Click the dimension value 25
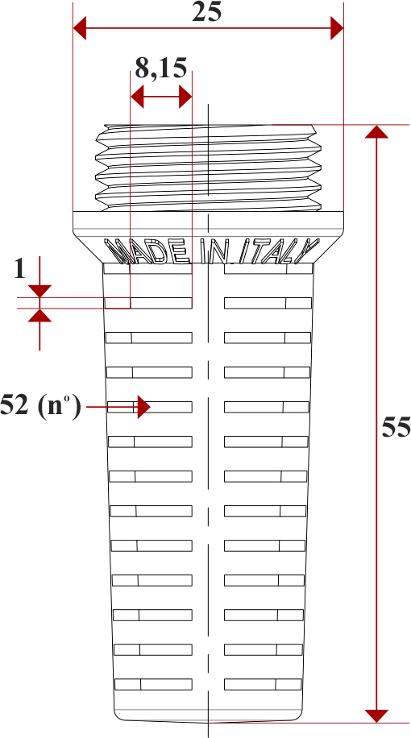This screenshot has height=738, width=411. pos(206,13)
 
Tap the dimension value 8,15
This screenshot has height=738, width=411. pos(161,68)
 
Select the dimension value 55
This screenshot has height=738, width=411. pos(396,427)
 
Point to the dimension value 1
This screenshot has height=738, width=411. pos(19,269)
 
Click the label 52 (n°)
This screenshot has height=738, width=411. pos(40,406)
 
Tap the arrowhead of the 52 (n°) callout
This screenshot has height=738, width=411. pos(143,407)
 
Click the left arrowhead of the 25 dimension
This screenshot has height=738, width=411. pos(80,28)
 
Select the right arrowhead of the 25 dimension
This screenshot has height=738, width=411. pos(337,28)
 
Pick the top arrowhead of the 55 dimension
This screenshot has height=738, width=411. pos(376,132)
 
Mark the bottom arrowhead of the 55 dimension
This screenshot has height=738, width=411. pos(376,716)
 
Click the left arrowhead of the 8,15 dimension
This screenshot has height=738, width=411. pos(137,98)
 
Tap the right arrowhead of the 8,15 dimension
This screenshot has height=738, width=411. pos(185,98)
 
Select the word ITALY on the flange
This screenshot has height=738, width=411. pos(279,251)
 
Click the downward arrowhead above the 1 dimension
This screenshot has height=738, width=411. pos(39,291)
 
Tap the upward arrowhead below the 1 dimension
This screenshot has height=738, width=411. pos(39,315)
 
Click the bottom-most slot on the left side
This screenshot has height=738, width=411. pos(153,684)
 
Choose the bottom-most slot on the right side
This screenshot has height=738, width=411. pos(263,684)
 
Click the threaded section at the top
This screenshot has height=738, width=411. pos(209,168)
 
